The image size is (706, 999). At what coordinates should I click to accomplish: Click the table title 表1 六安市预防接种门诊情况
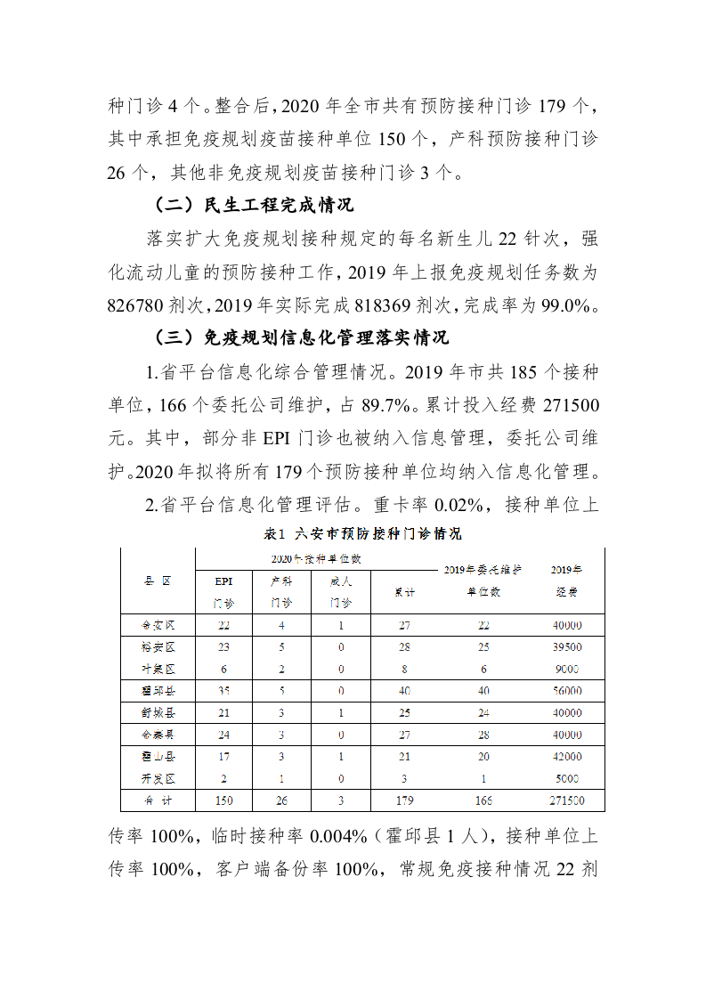point(363,534)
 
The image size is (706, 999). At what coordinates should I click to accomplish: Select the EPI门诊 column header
point(223,591)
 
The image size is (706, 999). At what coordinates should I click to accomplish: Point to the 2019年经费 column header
point(565,581)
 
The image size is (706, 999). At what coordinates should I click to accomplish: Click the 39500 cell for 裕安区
point(565,647)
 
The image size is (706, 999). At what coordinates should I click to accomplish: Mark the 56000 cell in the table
point(565,690)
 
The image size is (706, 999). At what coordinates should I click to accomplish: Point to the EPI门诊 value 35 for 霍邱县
point(223,690)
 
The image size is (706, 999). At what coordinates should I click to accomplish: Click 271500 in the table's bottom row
point(565,800)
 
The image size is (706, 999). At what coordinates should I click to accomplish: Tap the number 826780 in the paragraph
point(144,305)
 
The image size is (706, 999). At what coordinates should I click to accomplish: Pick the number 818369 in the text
point(372,305)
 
